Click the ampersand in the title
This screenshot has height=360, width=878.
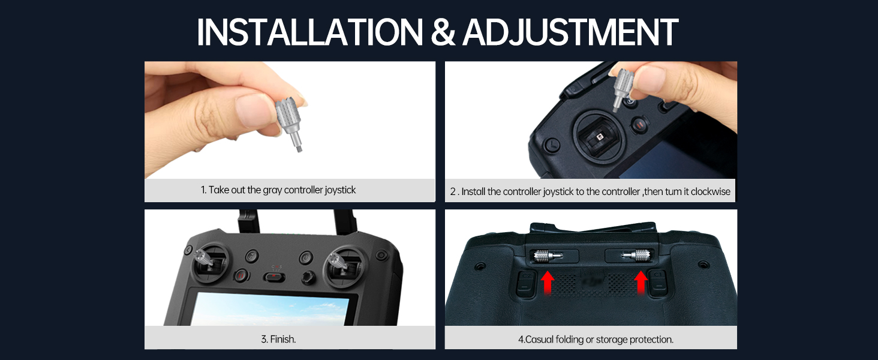click(443, 33)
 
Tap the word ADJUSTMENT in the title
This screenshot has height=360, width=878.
click(570, 32)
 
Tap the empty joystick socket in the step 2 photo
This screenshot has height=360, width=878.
click(600, 137)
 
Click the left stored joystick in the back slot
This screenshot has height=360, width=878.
click(549, 256)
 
